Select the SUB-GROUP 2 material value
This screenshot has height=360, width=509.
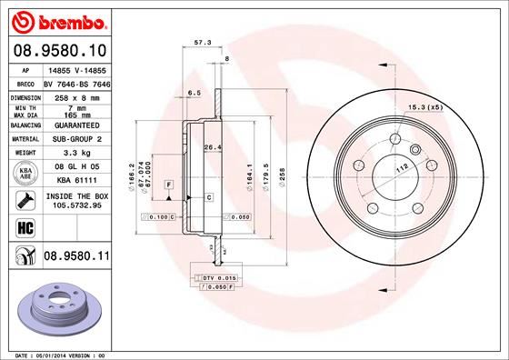74,138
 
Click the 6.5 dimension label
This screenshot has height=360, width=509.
194,93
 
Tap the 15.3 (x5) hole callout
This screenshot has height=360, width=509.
425,109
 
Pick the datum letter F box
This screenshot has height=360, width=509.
168,185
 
